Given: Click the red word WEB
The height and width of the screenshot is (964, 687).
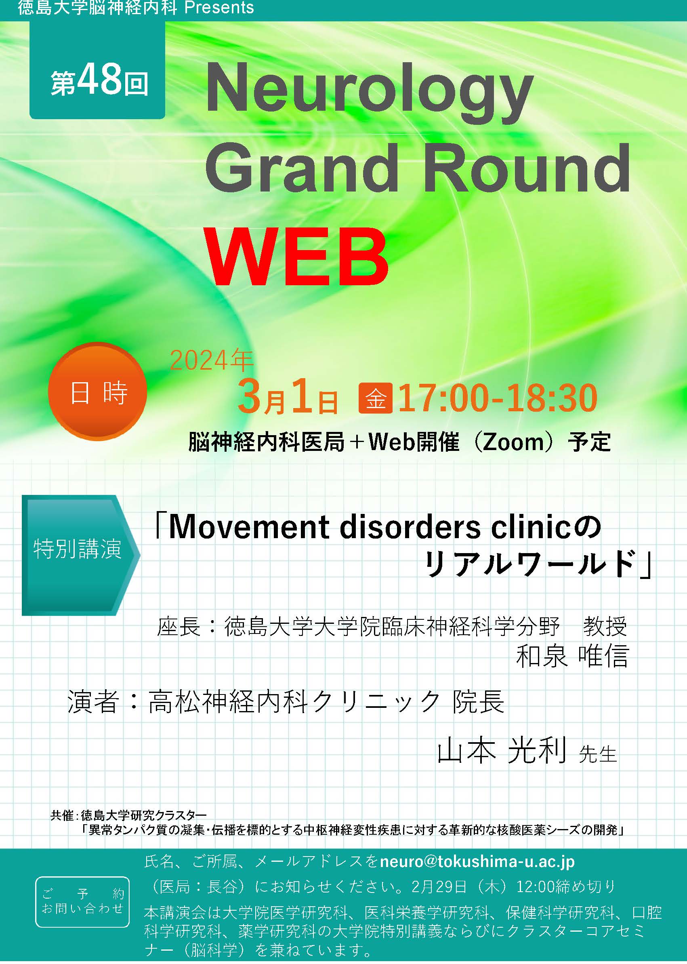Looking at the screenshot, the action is tap(297, 257).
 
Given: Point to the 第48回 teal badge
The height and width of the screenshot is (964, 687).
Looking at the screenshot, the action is tap(97, 70).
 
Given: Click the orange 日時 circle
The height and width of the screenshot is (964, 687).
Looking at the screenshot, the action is tap(98, 391).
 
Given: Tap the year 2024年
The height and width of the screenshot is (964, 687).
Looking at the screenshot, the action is tap(211, 360).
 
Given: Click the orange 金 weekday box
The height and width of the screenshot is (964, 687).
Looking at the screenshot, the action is tap(376, 398).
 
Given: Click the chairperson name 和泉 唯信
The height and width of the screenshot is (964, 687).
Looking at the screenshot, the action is tap(572, 657).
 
